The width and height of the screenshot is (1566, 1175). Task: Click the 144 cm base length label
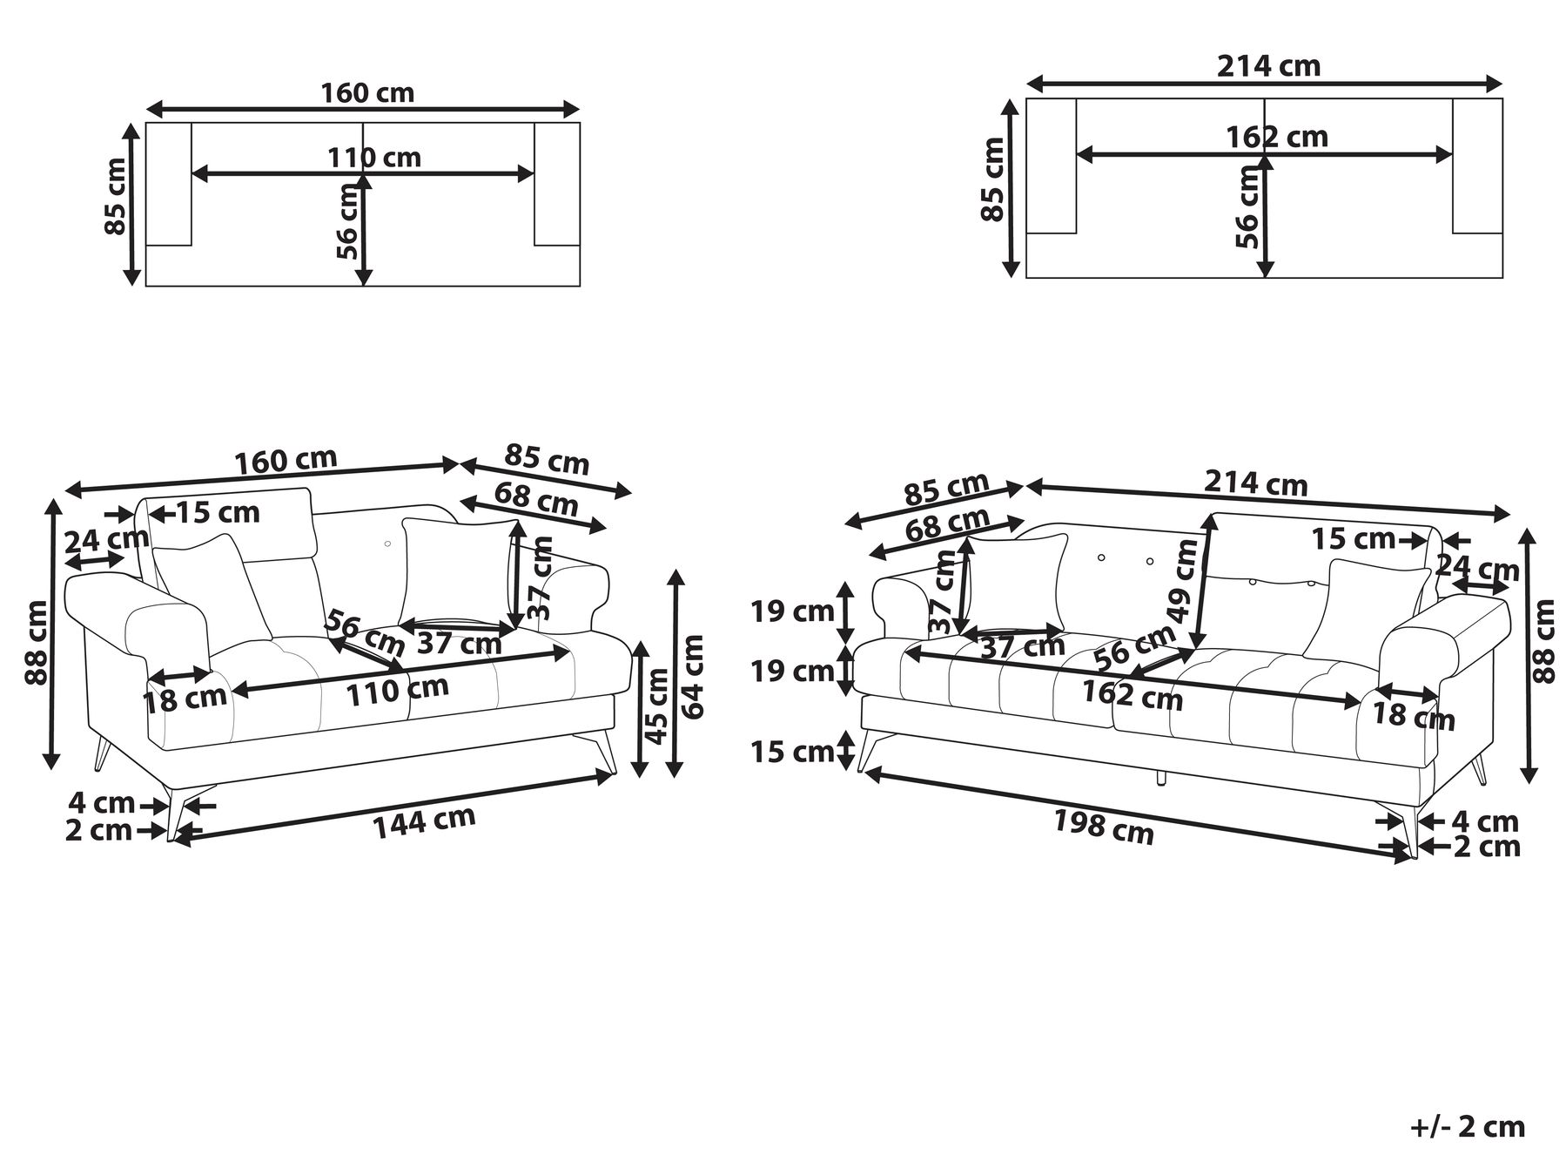(x=425, y=822)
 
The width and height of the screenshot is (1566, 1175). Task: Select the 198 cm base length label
(x=1104, y=827)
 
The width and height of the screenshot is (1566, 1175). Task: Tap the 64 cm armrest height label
(x=693, y=676)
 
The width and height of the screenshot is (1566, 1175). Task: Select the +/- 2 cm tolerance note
(x=1468, y=1126)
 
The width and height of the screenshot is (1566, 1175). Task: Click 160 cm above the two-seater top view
(x=368, y=92)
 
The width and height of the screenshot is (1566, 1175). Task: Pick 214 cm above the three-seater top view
(x=1268, y=66)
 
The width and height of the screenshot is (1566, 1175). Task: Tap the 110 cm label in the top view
(x=374, y=158)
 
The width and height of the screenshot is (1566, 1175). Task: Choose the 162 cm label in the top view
(x=1277, y=138)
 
